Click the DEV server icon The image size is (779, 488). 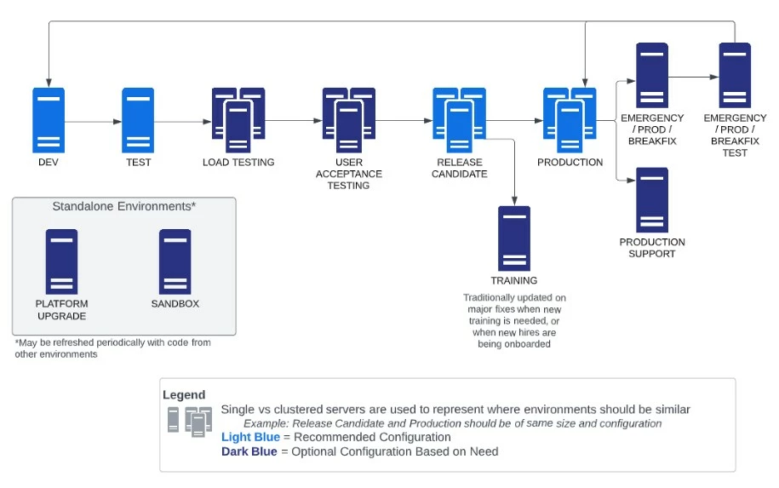tap(49, 120)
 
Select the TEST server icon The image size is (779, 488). tap(138, 120)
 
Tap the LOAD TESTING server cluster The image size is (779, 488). tap(238, 120)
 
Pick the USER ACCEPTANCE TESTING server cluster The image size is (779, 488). tap(349, 120)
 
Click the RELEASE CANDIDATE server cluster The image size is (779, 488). tap(459, 120)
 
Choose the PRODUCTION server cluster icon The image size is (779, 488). tap(570, 120)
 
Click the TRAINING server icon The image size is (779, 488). tap(514, 238)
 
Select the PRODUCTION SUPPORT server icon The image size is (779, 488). tap(652, 200)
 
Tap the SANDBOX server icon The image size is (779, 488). tap(175, 262)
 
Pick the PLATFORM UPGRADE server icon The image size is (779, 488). tap(61, 262)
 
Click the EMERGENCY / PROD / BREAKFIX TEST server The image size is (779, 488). tap(735, 75)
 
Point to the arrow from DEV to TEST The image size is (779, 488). tap(94, 121)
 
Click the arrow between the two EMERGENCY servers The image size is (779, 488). tap(694, 77)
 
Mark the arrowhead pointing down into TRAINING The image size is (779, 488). tap(514, 201)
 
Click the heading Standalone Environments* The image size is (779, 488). tap(124, 206)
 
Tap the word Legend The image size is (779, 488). tap(184, 394)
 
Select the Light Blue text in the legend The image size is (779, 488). tap(250, 437)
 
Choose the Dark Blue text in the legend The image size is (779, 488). tap(249, 451)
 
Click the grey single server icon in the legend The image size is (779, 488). tap(173, 419)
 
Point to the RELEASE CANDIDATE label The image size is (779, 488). tap(459, 168)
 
